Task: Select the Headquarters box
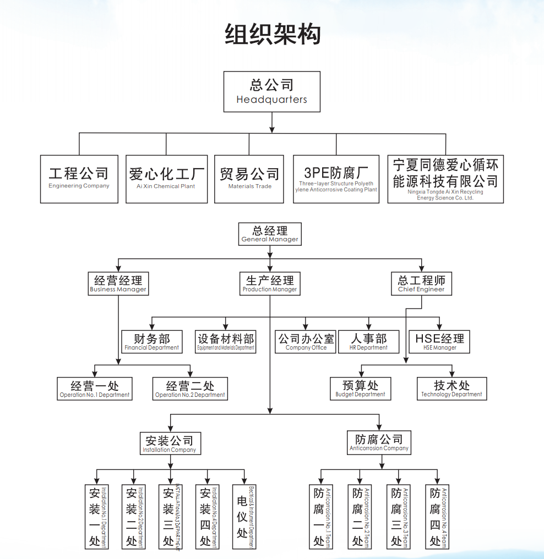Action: [271, 91]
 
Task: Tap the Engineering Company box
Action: [79, 179]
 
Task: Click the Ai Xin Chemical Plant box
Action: [166, 179]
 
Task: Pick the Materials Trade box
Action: [249, 179]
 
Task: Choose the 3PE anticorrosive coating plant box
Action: [336, 179]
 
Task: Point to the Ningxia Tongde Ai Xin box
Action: [445, 179]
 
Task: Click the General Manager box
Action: [270, 234]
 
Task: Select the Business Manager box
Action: [118, 283]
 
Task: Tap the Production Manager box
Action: [270, 283]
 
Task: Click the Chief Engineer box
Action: [421, 283]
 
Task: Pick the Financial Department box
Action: [151, 341]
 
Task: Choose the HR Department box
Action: [368, 341]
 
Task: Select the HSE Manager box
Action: [439, 341]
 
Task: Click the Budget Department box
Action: [360, 389]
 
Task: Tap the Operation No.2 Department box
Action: [189, 389]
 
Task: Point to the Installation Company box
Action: [169, 443]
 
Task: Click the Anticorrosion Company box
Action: [379, 442]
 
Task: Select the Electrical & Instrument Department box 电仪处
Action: [243, 517]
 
